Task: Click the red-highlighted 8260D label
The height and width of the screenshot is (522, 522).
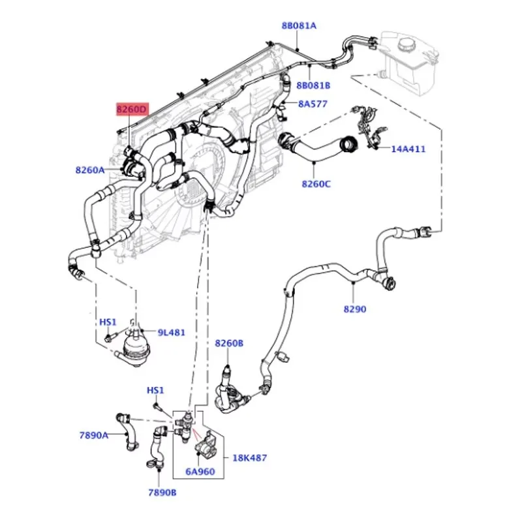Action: click(131, 110)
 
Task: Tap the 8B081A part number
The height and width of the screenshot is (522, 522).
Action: click(299, 25)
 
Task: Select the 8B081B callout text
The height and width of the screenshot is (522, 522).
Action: click(313, 85)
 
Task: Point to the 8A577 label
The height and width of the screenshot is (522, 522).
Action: click(313, 104)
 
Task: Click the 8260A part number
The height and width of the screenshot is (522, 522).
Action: click(90, 170)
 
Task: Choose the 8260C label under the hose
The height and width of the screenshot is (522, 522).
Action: click(316, 184)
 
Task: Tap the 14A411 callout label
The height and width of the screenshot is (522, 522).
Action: click(408, 149)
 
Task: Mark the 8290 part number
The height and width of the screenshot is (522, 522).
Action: click(355, 309)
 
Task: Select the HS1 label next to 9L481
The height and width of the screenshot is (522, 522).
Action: click(108, 322)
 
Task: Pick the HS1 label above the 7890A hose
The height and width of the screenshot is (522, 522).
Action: click(155, 390)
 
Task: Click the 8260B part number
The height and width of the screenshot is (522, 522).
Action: click(229, 343)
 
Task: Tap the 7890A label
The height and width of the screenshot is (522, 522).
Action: click(94, 435)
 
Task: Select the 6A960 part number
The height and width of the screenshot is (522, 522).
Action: click(200, 471)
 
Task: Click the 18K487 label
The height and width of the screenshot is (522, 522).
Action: click(249, 459)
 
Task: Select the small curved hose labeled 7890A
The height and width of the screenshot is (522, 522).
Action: click(126, 431)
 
